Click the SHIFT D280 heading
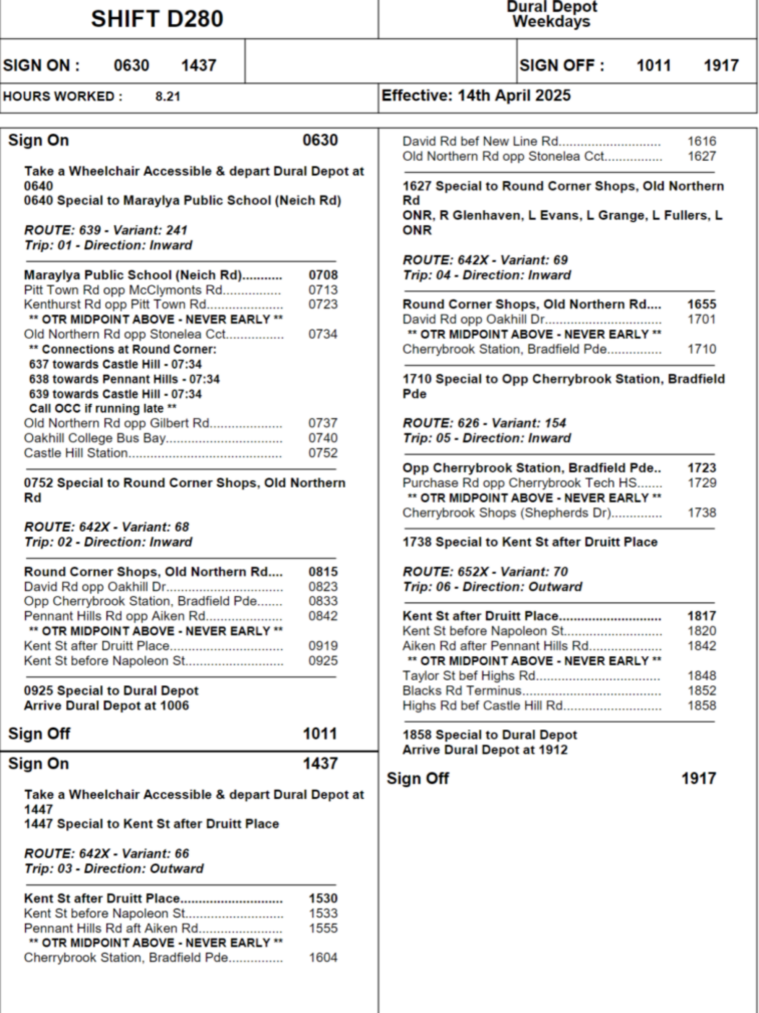[157, 19]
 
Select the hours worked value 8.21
[167, 96]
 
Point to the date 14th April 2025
[514, 95]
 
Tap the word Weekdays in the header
[551, 22]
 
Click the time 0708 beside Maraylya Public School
[323, 275]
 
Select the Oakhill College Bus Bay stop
[95, 438]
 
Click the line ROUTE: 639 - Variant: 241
[106, 230]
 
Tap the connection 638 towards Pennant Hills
[124, 379]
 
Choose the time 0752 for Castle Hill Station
[323, 453]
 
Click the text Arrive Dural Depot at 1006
[106, 706]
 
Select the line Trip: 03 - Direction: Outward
[114, 868]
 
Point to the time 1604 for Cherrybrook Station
[323, 957]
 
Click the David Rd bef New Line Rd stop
[481, 141]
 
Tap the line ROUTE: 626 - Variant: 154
[484, 423]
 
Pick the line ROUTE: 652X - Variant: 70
[485, 571]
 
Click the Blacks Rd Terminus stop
[461, 690]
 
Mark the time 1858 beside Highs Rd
[701, 705]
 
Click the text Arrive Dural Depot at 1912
[485, 750]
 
